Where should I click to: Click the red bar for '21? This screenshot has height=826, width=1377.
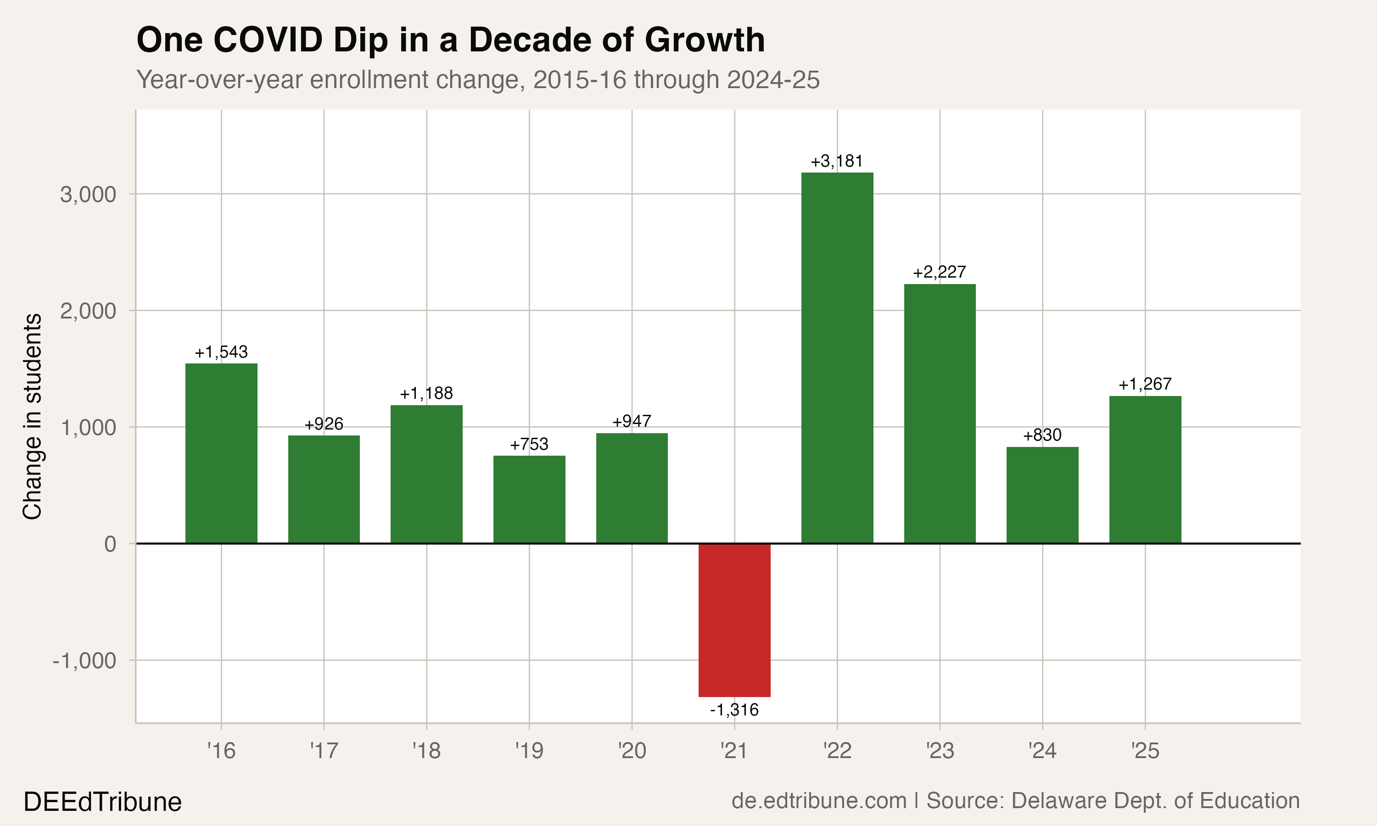[734, 619]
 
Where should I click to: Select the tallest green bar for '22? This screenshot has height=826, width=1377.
[837, 358]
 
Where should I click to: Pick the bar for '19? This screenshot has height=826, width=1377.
[529, 499]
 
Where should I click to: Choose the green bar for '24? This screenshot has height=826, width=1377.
[1042, 495]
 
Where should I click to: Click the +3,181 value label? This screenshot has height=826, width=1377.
[837, 162]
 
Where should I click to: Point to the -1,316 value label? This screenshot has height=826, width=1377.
[734, 709]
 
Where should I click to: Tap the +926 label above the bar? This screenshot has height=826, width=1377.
[324, 424]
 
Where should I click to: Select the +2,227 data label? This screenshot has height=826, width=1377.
[939, 272]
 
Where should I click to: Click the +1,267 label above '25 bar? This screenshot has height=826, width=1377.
[1145, 384]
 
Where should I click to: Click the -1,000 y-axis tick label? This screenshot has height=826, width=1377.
[84, 661]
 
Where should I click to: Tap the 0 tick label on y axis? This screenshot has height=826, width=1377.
[110, 544]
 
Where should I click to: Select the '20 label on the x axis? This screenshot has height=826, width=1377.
[632, 751]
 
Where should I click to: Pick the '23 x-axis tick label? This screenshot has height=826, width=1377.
[940, 751]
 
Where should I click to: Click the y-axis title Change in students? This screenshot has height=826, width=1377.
[32, 416]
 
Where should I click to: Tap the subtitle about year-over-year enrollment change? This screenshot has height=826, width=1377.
[477, 79]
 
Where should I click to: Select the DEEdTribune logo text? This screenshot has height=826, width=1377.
[102, 802]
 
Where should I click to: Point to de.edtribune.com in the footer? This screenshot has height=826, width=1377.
[819, 801]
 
